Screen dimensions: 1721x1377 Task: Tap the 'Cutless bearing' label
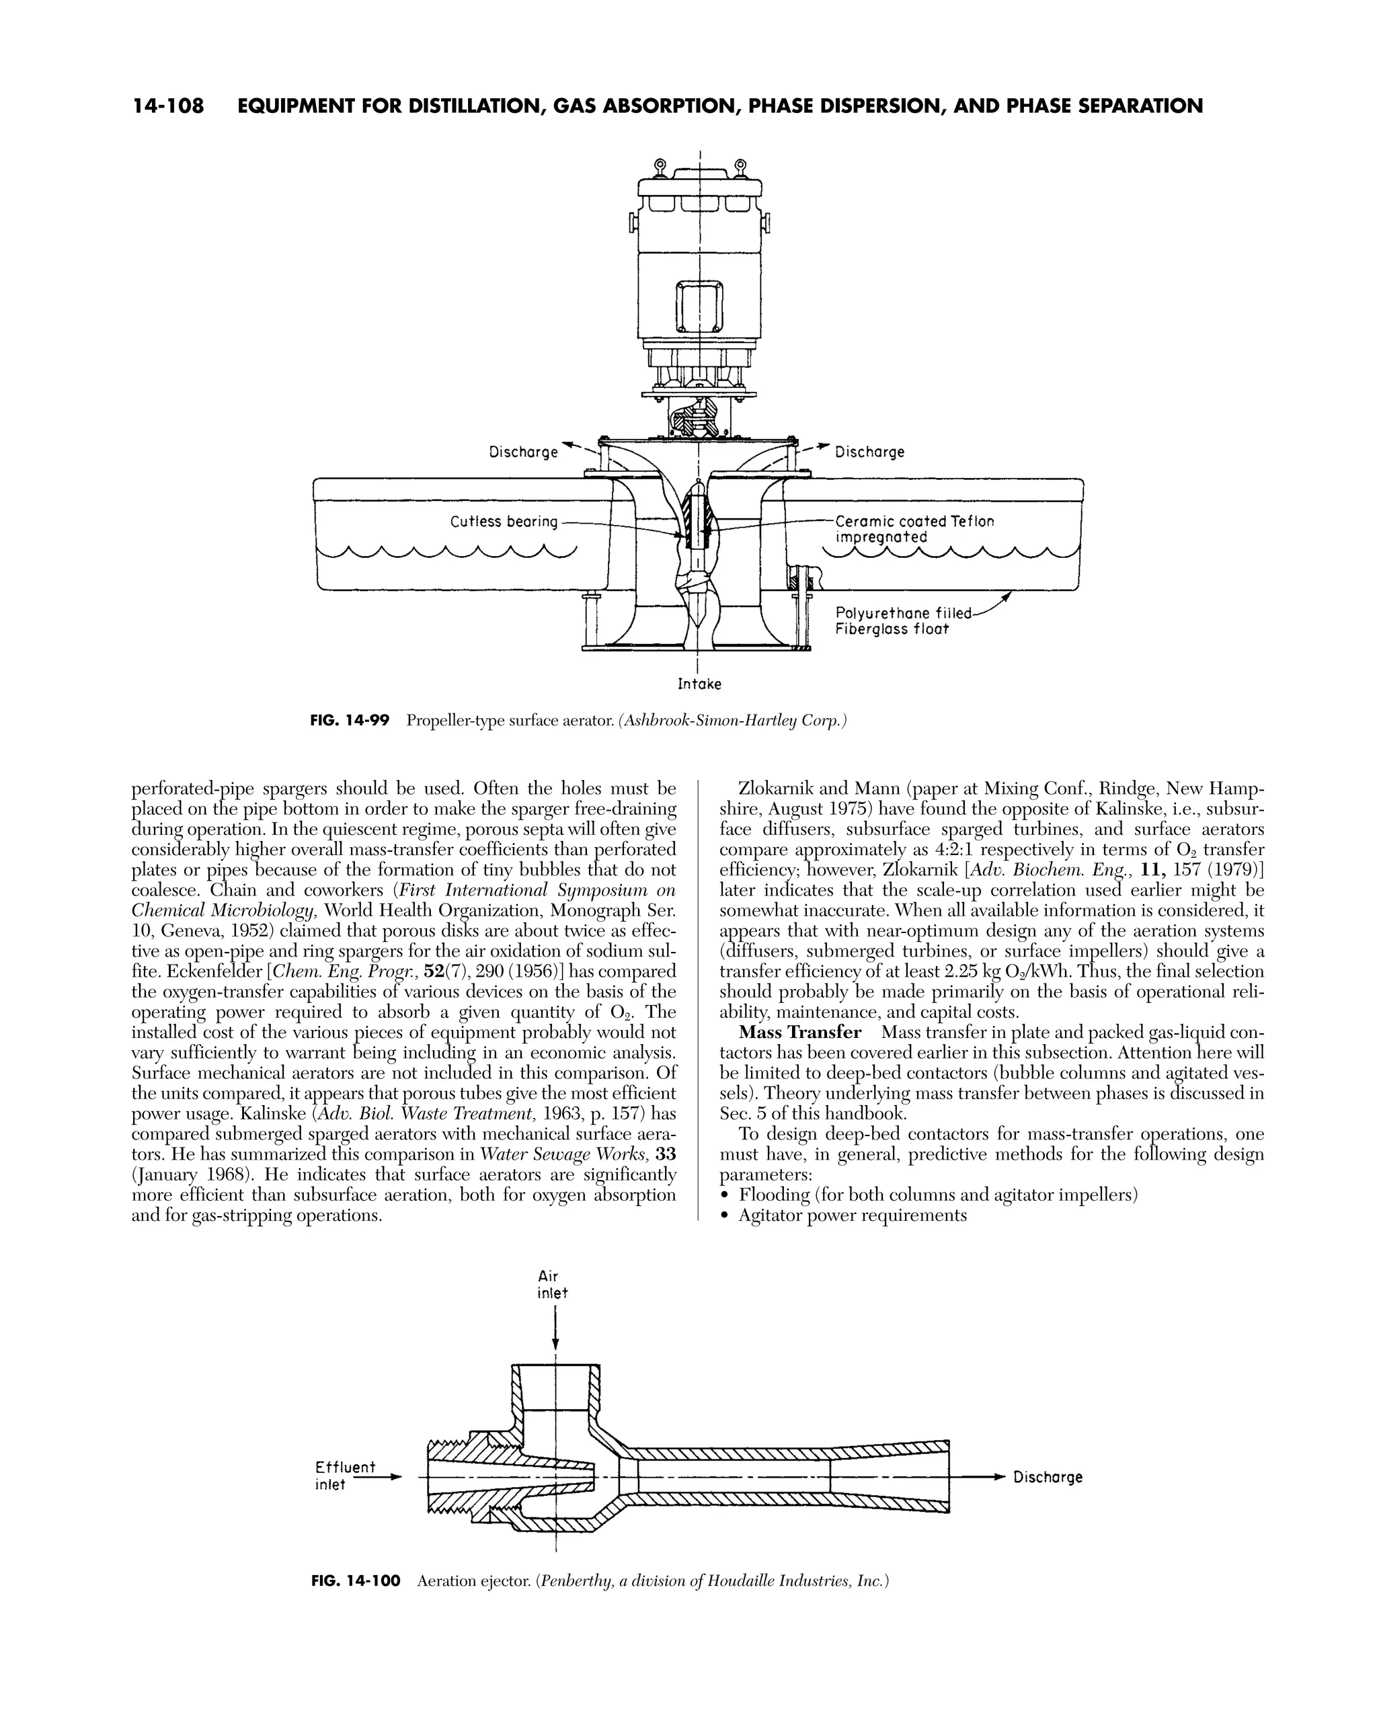[504, 522]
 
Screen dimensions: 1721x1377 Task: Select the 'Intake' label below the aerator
[699, 684]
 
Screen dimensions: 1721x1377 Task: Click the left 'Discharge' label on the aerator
[524, 452]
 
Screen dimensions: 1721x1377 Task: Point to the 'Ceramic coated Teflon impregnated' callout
[914, 529]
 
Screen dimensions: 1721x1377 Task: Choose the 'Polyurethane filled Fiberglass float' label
[903, 621]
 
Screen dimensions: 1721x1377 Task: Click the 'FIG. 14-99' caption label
[350, 721]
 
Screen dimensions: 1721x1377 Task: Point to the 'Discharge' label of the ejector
[1048, 1477]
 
